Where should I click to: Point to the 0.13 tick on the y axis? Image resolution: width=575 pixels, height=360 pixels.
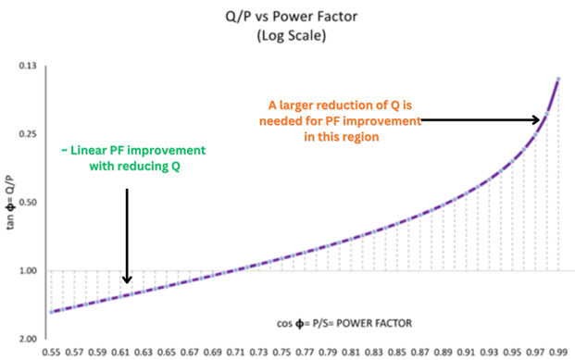click(28, 67)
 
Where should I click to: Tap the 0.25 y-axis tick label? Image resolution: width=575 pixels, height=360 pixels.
click(28, 135)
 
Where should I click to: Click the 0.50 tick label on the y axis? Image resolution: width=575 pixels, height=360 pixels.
click(28, 203)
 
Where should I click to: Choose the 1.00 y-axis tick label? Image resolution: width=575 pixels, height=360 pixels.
click(28, 271)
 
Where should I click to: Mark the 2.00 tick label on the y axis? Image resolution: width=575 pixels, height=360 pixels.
click(28, 339)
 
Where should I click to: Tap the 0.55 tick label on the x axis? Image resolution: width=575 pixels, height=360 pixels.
click(52, 353)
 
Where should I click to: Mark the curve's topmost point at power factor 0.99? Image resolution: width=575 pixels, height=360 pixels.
click(558, 79)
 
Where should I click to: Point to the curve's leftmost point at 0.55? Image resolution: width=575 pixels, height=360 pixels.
click(52, 312)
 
